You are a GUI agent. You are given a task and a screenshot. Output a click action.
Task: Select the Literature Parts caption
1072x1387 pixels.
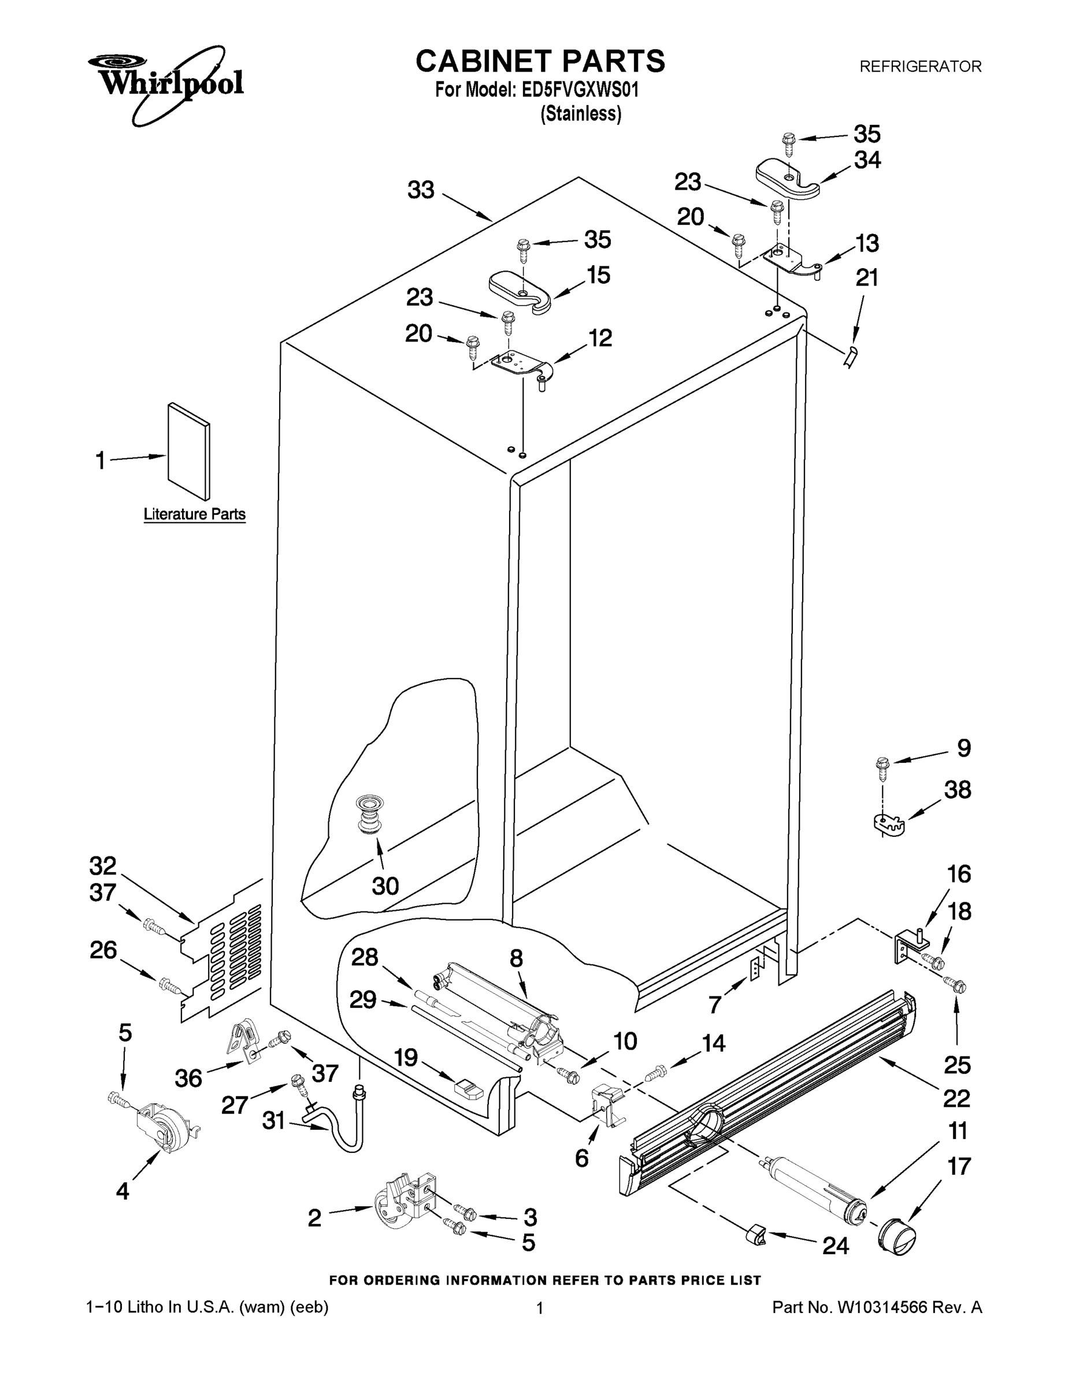click(194, 514)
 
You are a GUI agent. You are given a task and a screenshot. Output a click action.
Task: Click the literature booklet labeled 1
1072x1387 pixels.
click(188, 451)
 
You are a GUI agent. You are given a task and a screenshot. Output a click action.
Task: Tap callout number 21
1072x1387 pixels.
click(867, 278)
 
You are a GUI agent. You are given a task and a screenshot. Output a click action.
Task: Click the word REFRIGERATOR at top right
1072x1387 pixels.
click(920, 66)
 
